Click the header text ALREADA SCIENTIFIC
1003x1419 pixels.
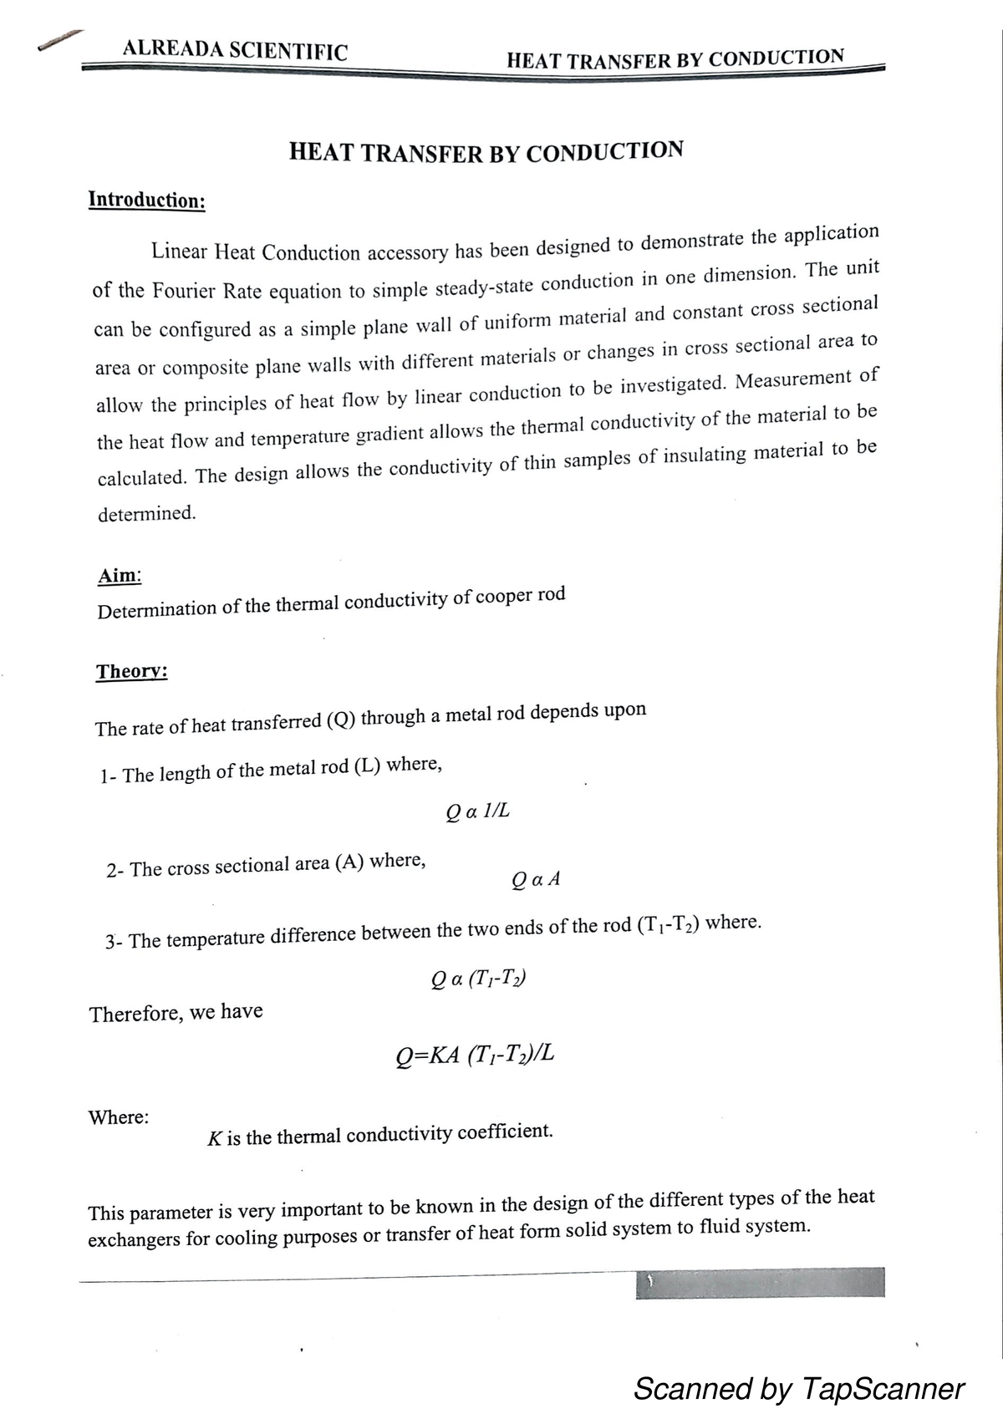[235, 49]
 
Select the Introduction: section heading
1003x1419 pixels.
[147, 200]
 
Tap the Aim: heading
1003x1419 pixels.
[120, 576]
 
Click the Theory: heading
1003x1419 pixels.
[132, 672]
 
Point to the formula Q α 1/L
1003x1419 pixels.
[477, 811]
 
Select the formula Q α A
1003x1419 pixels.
[535, 879]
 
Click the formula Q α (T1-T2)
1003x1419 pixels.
[478, 978]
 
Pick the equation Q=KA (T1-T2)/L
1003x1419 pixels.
[475, 1055]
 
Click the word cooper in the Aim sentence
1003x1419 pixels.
[503, 598]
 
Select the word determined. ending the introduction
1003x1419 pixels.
[147, 514]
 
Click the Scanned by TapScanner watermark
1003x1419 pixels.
[798, 1388]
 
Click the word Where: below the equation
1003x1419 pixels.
[119, 1117]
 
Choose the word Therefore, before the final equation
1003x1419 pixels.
[135, 1014]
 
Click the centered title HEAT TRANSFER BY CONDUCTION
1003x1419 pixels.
[486, 152]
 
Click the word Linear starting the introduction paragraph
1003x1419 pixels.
[179, 251]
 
